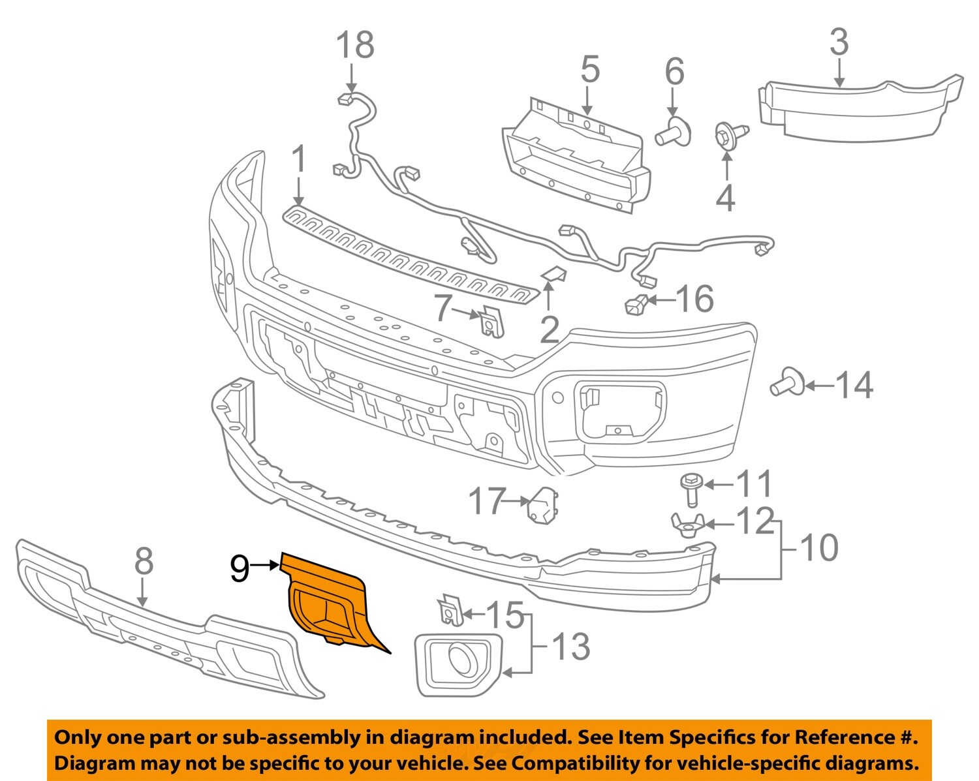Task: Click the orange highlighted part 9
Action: (x=326, y=600)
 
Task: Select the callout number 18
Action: (x=354, y=45)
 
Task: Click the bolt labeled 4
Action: (x=727, y=135)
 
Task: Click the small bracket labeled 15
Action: (x=449, y=610)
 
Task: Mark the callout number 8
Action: (x=144, y=560)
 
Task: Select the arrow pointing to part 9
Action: (x=266, y=566)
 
